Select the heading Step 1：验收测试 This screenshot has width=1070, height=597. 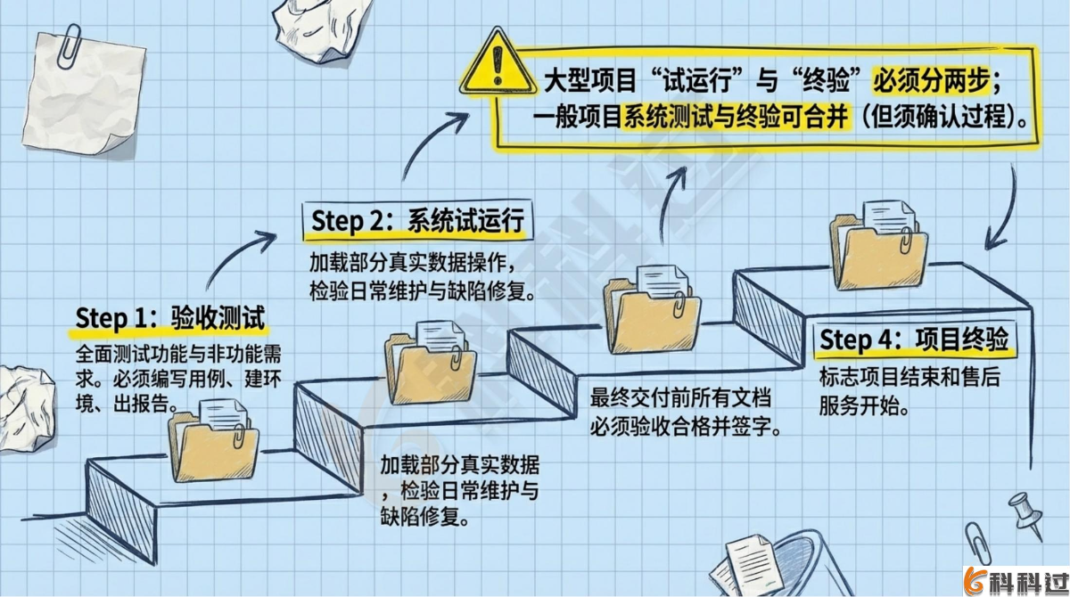point(170,318)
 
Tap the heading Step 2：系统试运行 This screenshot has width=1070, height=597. point(417,220)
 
